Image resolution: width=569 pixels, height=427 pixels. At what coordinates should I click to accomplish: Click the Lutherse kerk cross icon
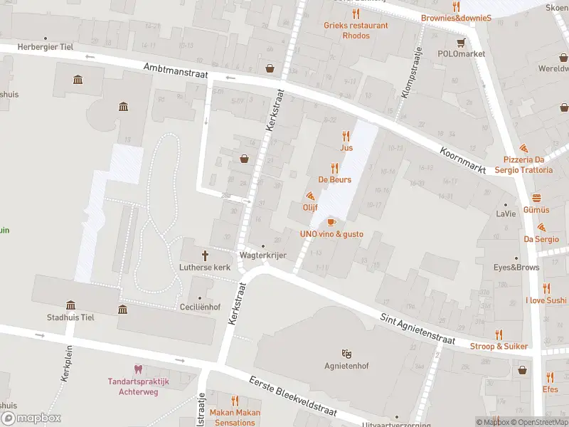206,255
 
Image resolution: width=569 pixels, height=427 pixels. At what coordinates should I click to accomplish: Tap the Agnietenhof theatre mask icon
346,353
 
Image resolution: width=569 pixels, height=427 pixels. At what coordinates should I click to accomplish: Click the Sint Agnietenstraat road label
417,329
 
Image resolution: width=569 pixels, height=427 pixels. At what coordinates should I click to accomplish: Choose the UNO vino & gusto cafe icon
331,222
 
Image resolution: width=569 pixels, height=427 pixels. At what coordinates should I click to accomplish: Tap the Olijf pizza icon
310,196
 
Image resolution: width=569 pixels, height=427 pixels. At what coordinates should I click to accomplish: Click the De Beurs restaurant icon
334,169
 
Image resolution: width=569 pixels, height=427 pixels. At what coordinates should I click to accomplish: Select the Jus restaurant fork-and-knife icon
346,136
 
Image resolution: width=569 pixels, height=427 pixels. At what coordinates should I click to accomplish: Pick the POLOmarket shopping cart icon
461,42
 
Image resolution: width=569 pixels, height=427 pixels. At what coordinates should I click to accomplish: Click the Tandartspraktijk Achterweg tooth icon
138,369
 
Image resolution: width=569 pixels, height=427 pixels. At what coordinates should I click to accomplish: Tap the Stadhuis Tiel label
70,317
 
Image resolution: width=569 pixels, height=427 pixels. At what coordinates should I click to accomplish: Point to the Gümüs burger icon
536,198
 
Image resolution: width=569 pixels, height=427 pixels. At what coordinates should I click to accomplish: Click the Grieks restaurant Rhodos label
356,30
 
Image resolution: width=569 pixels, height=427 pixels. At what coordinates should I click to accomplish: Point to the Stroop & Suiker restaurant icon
499,334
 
